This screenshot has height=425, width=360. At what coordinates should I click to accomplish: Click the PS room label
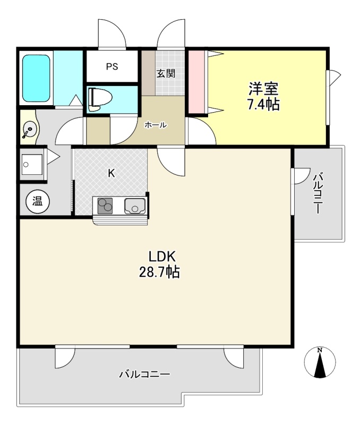pyautogui.click(x=112, y=66)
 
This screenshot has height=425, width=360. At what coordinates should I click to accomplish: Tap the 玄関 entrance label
pyautogui.click(x=166, y=73)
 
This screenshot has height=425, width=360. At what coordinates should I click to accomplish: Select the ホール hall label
pyautogui.click(x=156, y=125)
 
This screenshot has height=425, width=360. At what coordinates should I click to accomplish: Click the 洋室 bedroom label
pyautogui.click(x=263, y=89)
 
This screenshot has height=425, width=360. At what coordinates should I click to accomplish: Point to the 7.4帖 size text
pyautogui.click(x=263, y=104)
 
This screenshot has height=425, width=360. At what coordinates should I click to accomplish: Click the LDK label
pyautogui.click(x=162, y=256)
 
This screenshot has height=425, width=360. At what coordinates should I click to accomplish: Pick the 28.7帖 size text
pyautogui.click(x=159, y=271)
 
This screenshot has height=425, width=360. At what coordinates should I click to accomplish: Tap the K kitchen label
pyautogui.click(x=112, y=173)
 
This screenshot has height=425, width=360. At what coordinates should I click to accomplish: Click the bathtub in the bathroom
pyautogui.click(x=36, y=78)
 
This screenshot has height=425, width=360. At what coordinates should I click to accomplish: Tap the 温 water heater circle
pyautogui.click(x=38, y=201)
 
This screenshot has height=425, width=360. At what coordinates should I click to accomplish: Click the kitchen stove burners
pyautogui.click(x=105, y=206)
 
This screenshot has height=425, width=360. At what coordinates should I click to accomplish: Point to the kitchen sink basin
pyautogui.click(x=135, y=206)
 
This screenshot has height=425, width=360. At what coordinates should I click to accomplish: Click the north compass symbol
pyautogui.click(x=320, y=362)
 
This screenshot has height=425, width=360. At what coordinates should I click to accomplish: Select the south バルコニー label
pyautogui.click(x=145, y=375)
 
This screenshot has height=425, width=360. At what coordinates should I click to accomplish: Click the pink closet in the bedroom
pyautogui.click(x=196, y=82)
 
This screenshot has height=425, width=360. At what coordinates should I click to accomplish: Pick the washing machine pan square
pyautogui.click(x=32, y=164)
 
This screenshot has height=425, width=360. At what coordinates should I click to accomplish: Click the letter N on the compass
pyautogui.click(x=320, y=350)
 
